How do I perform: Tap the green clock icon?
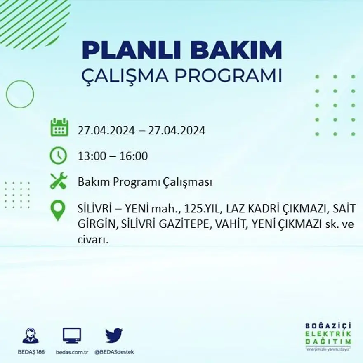(x=58, y=156)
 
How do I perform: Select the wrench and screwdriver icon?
(x=58, y=181)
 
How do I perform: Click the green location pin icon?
(x=58, y=210)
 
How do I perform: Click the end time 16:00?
(x=134, y=156)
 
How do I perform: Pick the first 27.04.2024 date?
(x=106, y=131)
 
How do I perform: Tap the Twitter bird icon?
(x=114, y=335)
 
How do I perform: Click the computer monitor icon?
(x=72, y=335)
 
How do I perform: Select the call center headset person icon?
(x=31, y=335)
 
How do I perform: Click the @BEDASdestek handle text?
(x=114, y=352)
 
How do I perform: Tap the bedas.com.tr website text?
(x=72, y=352)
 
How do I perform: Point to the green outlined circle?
(x=20, y=94)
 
